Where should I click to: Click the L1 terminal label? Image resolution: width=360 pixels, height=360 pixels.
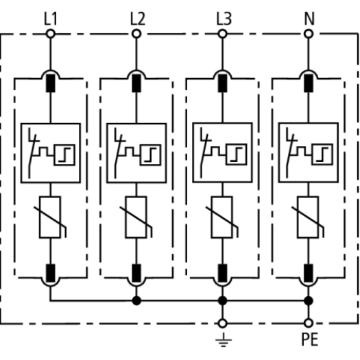pyautogui.click(x=51, y=19)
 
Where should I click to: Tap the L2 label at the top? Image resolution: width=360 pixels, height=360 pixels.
pyautogui.click(x=138, y=19)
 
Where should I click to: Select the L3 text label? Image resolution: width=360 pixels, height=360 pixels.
pyautogui.click(x=224, y=19)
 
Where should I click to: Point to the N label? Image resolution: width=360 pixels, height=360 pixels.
pyautogui.click(x=309, y=19)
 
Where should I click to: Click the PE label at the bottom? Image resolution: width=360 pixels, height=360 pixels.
pyautogui.click(x=310, y=339)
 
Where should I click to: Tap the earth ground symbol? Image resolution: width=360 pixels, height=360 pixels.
pyautogui.click(x=224, y=339)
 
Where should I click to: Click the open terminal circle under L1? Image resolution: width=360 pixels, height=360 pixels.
pyautogui.click(x=51, y=34)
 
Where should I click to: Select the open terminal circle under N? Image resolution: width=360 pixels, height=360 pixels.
pyautogui.click(x=309, y=34)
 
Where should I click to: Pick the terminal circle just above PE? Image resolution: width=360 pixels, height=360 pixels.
pyautogui.click(x=309, y=323)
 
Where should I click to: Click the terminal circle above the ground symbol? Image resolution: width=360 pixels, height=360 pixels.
pyautogui.click(x=222, y=323)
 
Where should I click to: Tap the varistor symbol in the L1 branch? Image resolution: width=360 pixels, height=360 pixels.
pyautogui.click(x=50, y=217)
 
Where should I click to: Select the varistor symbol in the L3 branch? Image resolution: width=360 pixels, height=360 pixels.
pyautogui.click(x=222, y=217)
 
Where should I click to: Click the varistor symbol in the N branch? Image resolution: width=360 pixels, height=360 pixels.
pyautogui.click(x=308, y=217)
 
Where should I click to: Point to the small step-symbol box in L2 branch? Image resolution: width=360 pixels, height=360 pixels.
pyautogui.click(x=150, y=155)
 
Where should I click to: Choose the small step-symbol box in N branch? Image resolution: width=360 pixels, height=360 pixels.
pyautogui.click(x=322, y=154)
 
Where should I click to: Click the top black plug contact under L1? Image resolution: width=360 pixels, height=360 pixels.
pyautogui.click(x=51, y=83)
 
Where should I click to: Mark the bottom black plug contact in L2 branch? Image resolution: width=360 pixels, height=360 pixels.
pyautogui.click(x=136, y=273)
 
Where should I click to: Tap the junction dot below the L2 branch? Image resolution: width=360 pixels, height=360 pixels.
pyautogui.click(x=136, y=300)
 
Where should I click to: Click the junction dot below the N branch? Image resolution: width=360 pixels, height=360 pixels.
pyautogui.click(x=309, y=300)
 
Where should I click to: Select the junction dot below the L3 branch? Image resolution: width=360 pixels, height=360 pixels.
pyautogui.click(x=222, y=300)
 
